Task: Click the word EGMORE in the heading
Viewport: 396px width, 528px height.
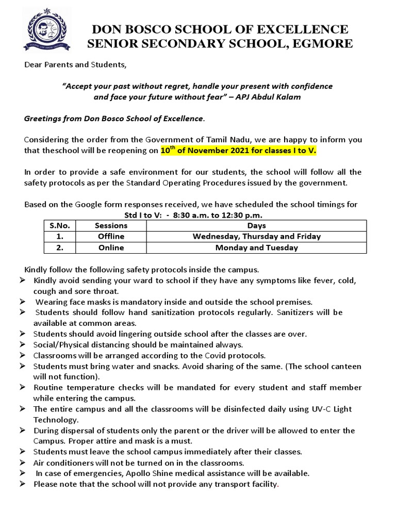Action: click(323, 44)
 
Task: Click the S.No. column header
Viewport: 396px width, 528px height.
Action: click(60, 225)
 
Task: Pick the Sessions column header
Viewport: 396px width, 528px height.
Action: click(111, 225)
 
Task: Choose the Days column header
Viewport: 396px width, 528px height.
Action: click(256, 225)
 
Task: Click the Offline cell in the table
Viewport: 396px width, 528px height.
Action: click(111, 236)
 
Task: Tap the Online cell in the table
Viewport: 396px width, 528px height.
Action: click(111, 247)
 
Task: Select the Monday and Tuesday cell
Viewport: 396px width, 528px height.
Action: click(256, 247)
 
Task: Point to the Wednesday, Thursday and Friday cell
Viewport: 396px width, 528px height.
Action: click(256, 236)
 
